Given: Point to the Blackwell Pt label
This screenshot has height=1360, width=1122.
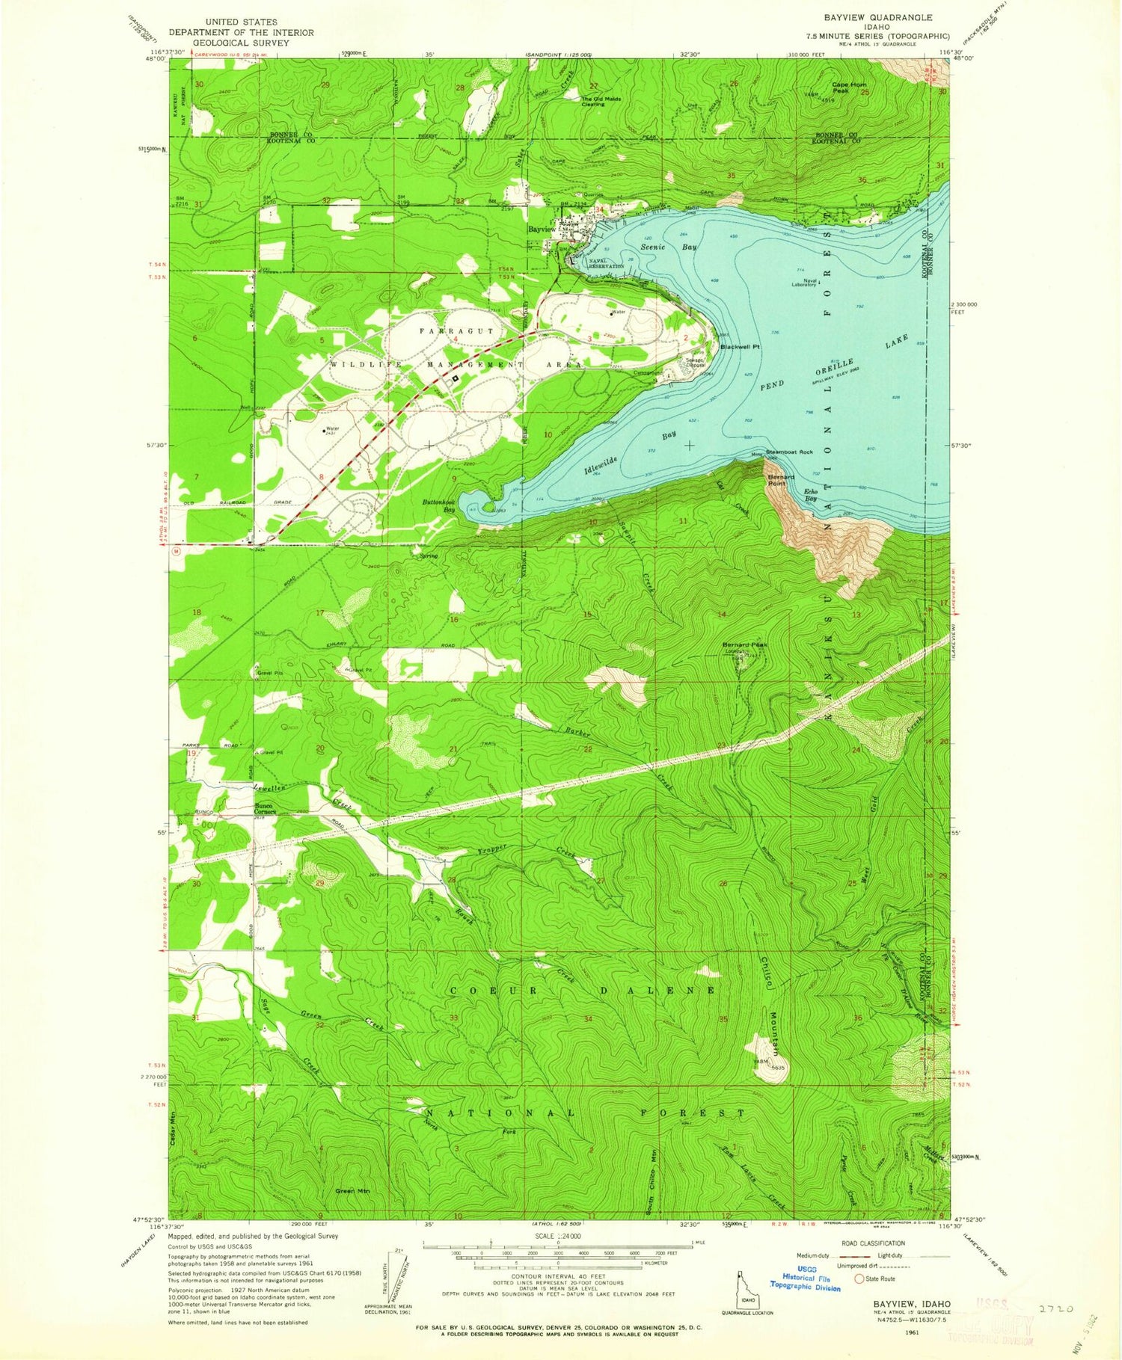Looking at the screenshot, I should pyautogui.click(x=740, y=347).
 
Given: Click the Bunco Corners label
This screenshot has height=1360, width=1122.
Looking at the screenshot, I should pyautogui.click(x=266, y=808).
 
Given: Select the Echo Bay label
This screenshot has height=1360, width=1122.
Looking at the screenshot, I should pyautogui.click(x=810, y=494).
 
